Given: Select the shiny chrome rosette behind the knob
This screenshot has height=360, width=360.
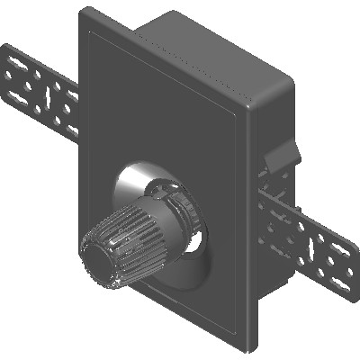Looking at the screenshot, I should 135,184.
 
